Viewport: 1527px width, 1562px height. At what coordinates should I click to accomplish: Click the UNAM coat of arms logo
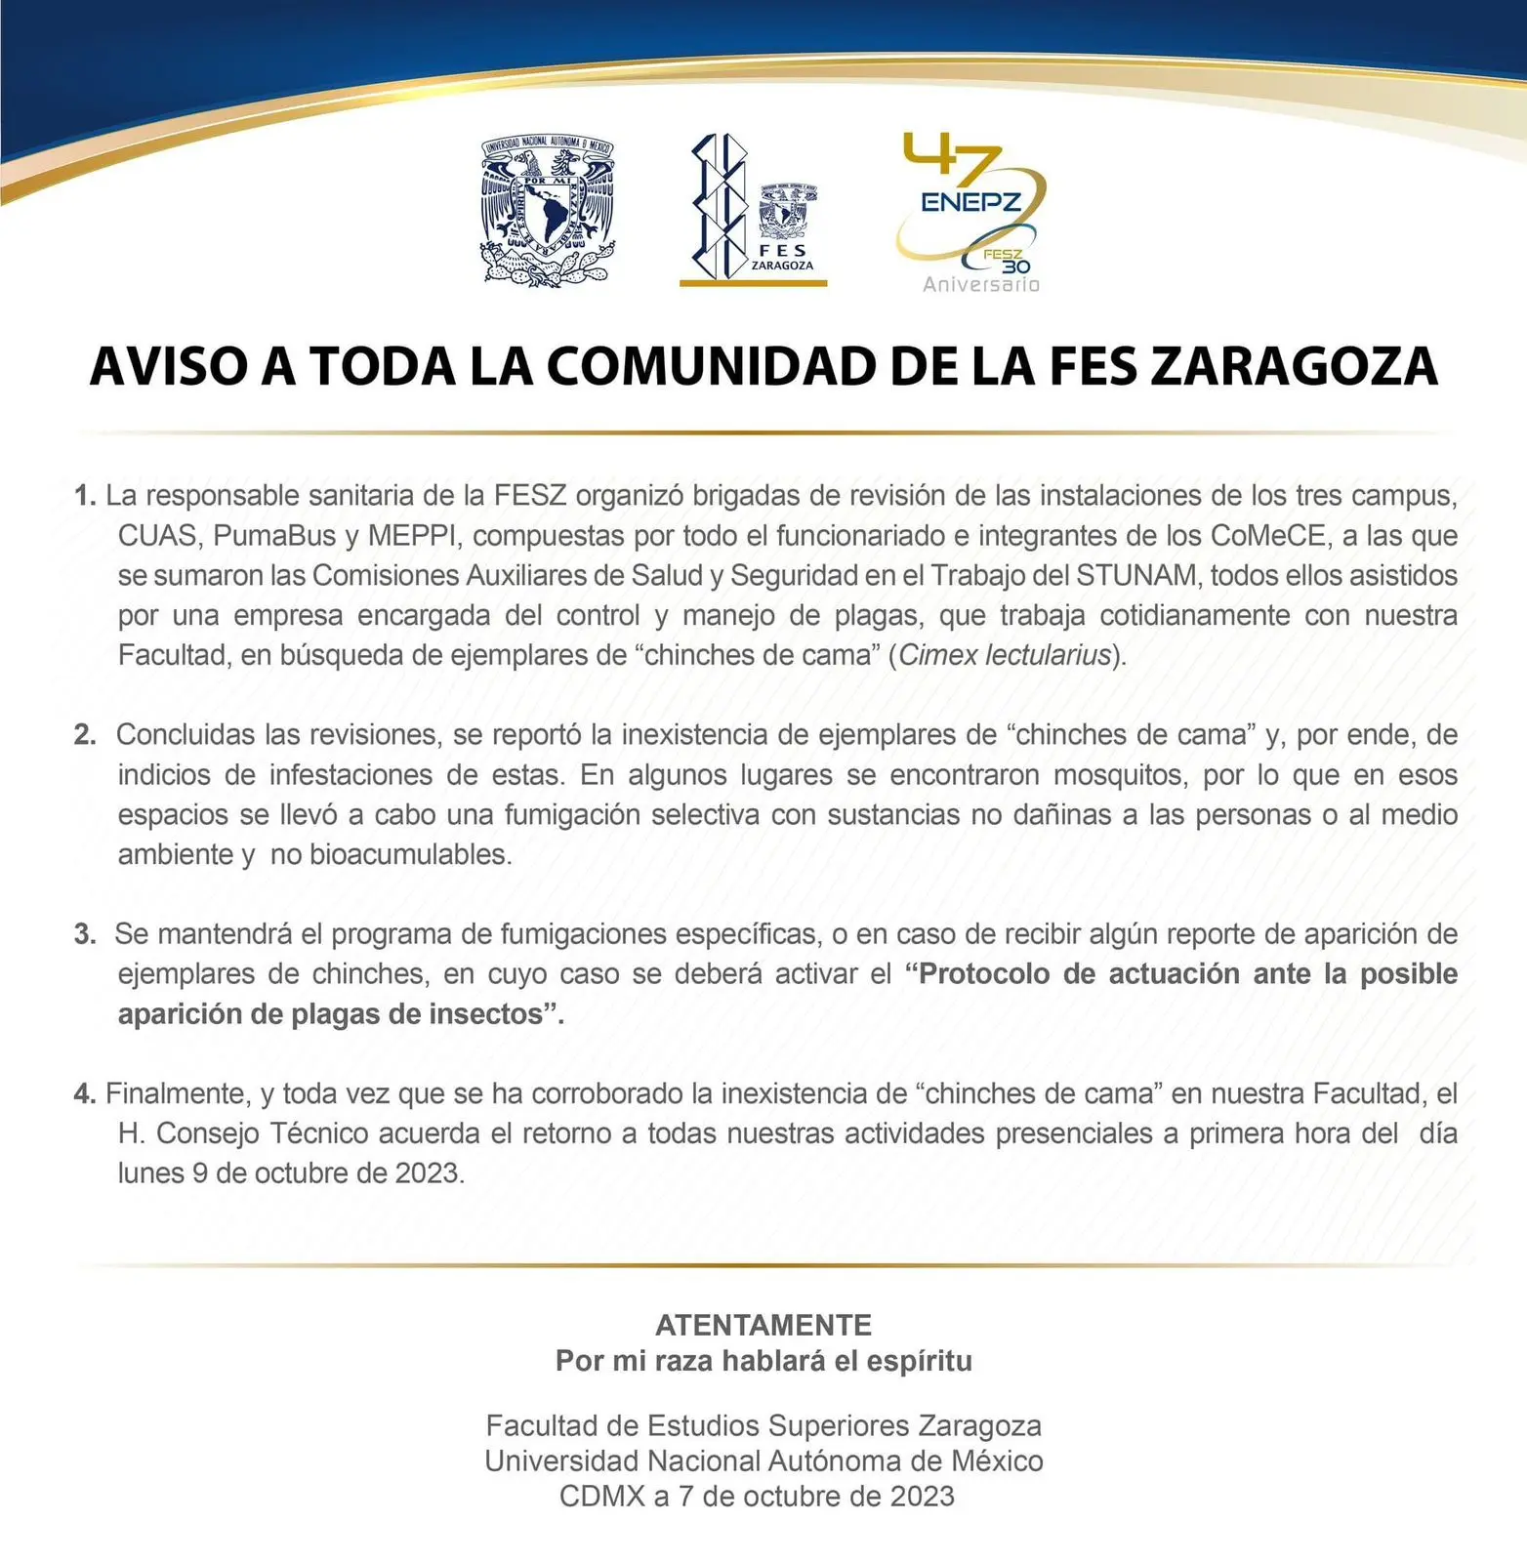548,209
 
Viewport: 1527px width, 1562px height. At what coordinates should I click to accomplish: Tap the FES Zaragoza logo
754,211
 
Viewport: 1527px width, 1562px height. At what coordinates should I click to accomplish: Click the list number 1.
84,496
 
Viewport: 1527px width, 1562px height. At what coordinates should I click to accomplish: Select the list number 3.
84,934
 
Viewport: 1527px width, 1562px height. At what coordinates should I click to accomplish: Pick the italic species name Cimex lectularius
1005,655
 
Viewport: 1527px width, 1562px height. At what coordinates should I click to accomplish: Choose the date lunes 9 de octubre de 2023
291,1173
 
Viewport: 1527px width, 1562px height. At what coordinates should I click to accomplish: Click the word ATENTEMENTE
763,1325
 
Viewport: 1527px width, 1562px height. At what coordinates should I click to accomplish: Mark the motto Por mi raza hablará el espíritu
763,1361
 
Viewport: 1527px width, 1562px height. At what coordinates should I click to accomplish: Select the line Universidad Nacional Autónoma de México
763,1461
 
